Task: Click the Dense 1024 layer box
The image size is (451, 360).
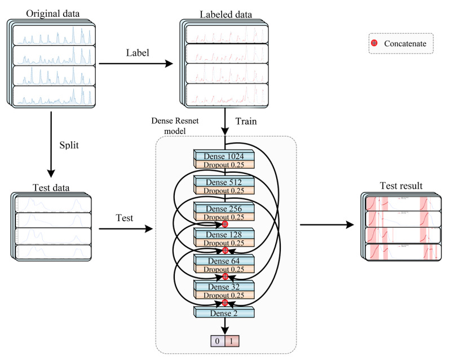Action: pyautogui.click(x=224, y=156)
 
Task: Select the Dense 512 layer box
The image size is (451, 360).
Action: pyautogui.click(x=224, y=182)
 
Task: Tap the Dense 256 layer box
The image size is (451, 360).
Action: pyautogui.click(x=224, y=208)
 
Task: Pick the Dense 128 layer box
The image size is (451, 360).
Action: pyautogui.click(x=224, y=234)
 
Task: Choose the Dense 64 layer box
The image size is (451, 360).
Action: pyautogui.click(x=224, y=260)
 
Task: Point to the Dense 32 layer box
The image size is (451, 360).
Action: pyautogui.click(x=224, y=286)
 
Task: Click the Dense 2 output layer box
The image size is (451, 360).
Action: pyautogui.click(x=224, y=311)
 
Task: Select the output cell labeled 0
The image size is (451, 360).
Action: pyautogui.click(x=217, y=341)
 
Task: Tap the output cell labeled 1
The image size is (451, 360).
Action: pyautogui.click(x=232, y=341)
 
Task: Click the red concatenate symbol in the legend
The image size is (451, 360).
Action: pyautogui.click(x=374, y=43)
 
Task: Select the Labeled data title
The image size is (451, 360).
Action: pyautogui.click(x=225, y=15)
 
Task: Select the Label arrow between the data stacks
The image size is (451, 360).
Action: pyautogui.click(x=136, y=64)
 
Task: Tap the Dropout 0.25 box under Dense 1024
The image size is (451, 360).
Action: pyautogui.click(x=224, y=164)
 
